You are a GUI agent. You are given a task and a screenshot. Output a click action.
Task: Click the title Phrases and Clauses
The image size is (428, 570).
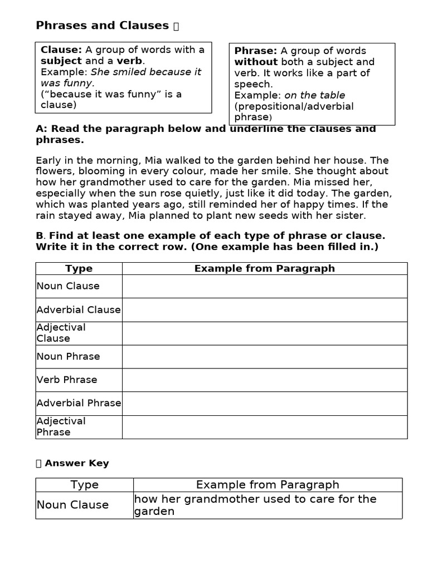(102, 26)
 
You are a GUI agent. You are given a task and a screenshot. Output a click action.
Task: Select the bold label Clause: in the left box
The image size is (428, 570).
(61, 50)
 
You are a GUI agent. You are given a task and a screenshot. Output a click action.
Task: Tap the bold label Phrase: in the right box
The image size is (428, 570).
(255, 51)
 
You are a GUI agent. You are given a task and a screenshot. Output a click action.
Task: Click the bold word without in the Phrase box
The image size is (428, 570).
(256, 62)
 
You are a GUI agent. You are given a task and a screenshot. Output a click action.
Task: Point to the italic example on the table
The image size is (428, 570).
(314, 95)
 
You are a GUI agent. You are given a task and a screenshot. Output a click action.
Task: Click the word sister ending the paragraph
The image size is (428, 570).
(348, 216)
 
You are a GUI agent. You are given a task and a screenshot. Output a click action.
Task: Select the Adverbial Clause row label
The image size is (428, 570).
(79, 310)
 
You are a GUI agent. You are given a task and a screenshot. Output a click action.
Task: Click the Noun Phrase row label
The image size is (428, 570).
(68, 357)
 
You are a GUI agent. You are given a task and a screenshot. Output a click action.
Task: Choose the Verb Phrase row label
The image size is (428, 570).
(67, 380)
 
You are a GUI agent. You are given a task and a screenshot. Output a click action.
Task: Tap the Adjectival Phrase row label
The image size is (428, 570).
(61, 426)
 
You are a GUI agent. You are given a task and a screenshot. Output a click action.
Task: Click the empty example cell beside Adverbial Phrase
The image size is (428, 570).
(265, 404)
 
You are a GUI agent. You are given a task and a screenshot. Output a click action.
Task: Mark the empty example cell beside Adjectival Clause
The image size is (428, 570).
(265, 333)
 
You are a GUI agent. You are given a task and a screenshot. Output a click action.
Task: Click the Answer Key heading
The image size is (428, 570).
(76, 463)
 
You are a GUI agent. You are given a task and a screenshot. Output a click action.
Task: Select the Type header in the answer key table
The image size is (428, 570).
(84, 485)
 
